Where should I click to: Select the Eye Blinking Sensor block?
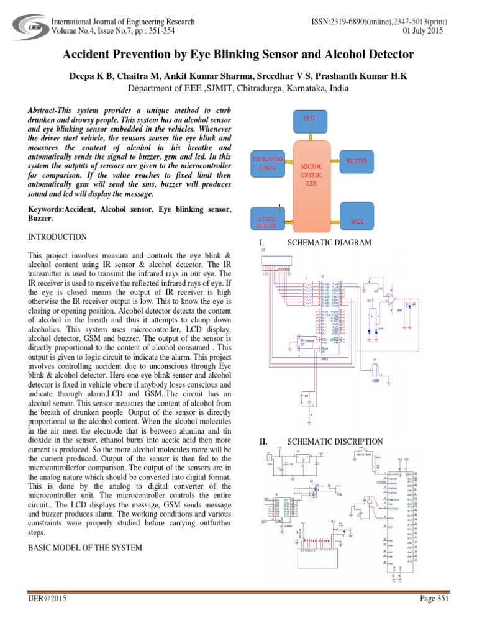tap(269, 163)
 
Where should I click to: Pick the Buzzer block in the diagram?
tap(357, 161)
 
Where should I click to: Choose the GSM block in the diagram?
tap(357, 221)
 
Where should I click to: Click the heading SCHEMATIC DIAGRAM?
tap(329, 243)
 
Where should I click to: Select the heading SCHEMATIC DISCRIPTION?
tap(335, 442)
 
